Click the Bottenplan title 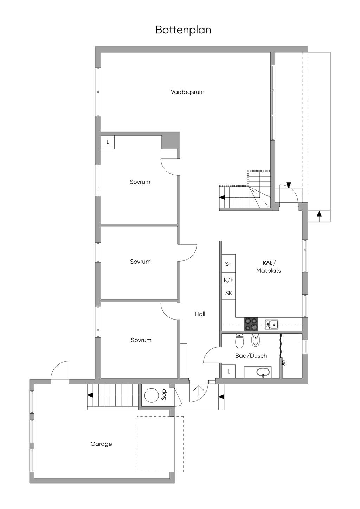[x=184, y=30]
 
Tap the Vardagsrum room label [x=187, y=92]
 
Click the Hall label [x=200, y=314]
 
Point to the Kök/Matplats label [x=269, y=267]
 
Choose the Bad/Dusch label [x=251, y=356]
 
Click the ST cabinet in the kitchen [x=229, y=264]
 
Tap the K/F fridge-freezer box [x=229, y=280]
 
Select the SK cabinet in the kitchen [x=229, y=294]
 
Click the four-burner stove [x=251, y=324]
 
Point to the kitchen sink [x=272, y=324]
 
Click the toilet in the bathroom [x=239, y=341]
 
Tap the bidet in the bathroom [x=255, y=340]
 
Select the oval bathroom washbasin [x=263, y=372]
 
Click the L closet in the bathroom [x=229, y=371]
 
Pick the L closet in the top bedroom [x=108, y=142]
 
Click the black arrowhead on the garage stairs [x=90, y=395]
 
